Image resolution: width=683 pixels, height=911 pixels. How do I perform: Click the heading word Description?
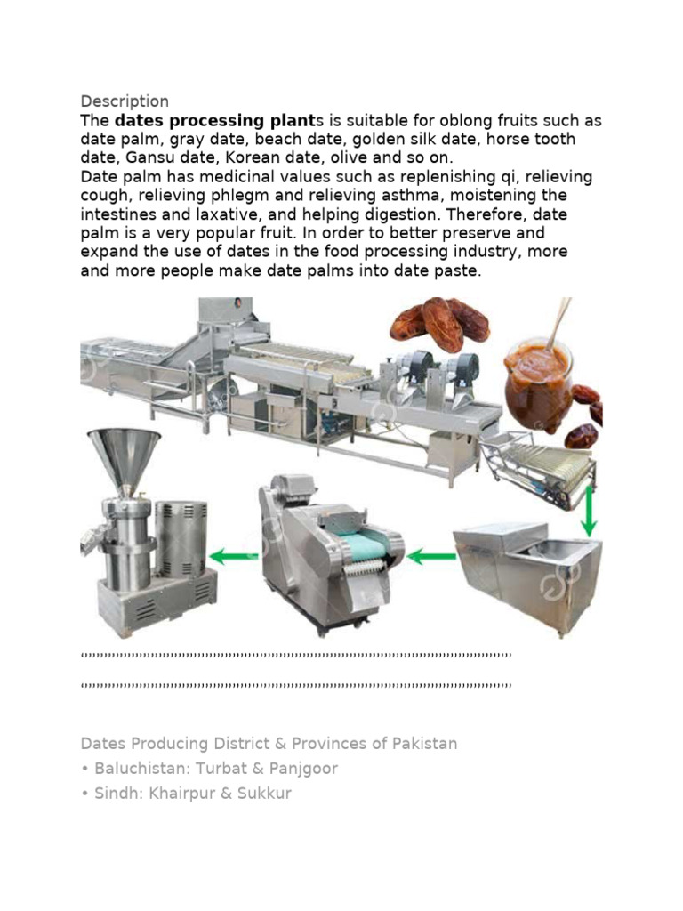(125, 101)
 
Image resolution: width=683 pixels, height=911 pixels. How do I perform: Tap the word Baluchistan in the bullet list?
(139, 768)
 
